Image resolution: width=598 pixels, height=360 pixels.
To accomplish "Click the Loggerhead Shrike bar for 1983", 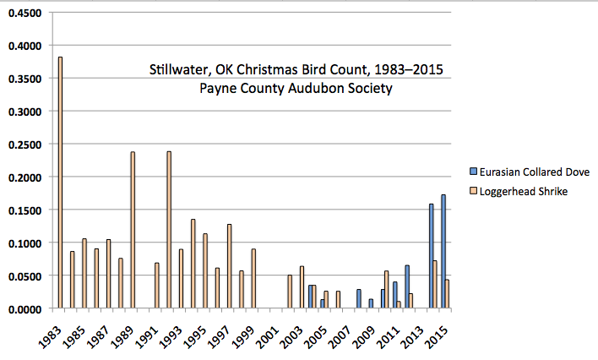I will (x=60, y=183).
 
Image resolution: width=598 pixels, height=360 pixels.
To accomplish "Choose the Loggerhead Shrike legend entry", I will (x=525, y=192).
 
